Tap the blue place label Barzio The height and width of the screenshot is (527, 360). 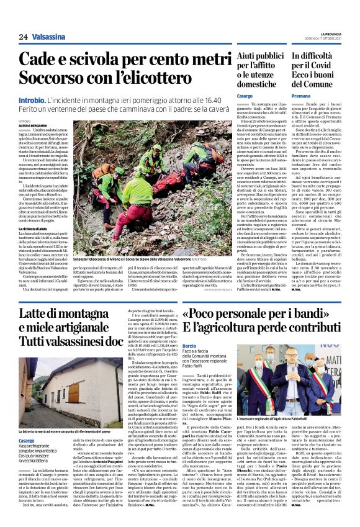click(189, 345)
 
